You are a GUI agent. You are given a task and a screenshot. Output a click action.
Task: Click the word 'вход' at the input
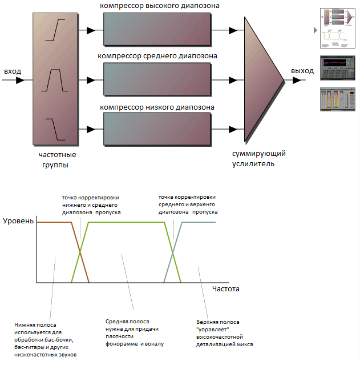click(13, 71)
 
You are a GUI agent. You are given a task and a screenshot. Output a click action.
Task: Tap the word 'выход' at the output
click(302, 71)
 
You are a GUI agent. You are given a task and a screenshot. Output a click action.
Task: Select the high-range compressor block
click(157, 29)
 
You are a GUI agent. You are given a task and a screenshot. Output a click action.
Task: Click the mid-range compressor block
click(157, 79)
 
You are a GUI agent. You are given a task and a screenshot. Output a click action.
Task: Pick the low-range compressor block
click(157, 129)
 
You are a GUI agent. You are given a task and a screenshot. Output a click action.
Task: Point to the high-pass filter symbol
click(55, 30)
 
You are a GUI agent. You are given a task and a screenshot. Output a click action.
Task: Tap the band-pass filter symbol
click(55, 80)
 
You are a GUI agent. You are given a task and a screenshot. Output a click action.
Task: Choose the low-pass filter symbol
click(55, 130)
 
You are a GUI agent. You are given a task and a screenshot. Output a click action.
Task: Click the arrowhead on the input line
click(20, 81)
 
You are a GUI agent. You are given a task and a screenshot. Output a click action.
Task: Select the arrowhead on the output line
click(297, 81)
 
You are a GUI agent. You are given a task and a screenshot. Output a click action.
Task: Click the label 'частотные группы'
click(57, 160)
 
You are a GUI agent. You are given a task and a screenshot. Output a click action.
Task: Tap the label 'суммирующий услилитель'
click(259, 159)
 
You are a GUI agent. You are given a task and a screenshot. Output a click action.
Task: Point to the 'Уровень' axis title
click(18, 221)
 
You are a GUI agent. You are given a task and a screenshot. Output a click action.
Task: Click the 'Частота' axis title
click(226, 289)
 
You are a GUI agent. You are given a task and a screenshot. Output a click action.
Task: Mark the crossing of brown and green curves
click(80, 252)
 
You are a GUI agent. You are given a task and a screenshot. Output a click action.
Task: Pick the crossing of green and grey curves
click(173, 252)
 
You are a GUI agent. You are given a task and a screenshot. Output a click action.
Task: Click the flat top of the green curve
click(127, 222)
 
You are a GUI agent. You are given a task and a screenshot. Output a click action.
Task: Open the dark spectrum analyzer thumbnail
click(337, 68)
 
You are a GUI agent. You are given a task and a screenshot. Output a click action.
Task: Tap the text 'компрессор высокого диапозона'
click(160, 6)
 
